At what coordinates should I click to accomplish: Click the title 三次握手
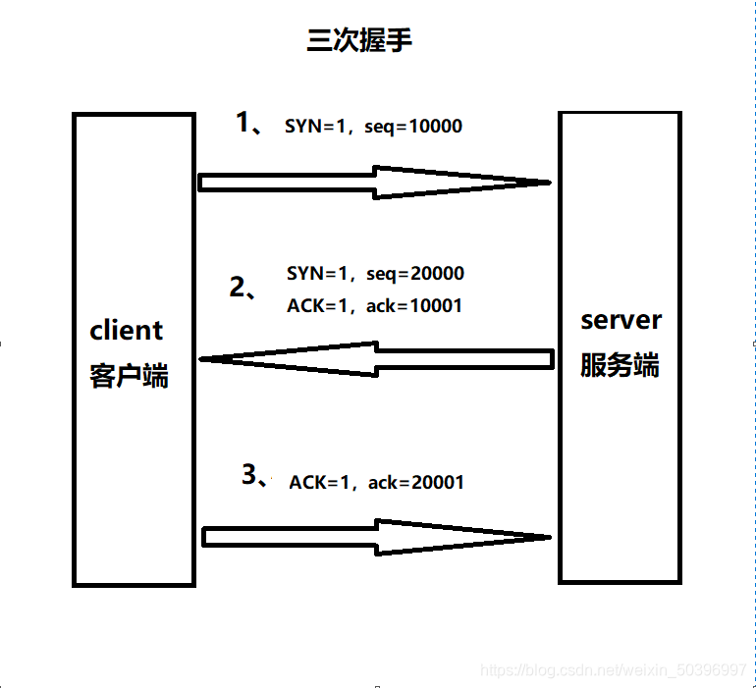359,39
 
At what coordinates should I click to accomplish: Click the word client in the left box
127,330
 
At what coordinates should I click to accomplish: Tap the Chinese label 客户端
129,376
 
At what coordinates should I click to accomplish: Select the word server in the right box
621,321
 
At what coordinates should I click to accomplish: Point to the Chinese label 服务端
620,365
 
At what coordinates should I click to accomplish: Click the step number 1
243,122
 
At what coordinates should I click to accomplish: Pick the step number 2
238,287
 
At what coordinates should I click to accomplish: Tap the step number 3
249,474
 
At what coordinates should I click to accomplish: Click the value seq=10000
413,127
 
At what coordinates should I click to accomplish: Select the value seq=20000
415,274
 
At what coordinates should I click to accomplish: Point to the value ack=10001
414,305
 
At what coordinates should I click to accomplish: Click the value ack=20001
416,482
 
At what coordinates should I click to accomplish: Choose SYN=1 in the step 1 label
316,127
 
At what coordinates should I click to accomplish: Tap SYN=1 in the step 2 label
318,274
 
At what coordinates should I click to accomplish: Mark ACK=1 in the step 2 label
318,305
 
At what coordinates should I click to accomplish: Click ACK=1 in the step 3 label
320,482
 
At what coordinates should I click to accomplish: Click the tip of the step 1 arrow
551,183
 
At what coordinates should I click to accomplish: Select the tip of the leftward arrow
200,359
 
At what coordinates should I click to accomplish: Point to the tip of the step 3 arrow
551,537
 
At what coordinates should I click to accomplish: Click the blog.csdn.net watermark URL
614,670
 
